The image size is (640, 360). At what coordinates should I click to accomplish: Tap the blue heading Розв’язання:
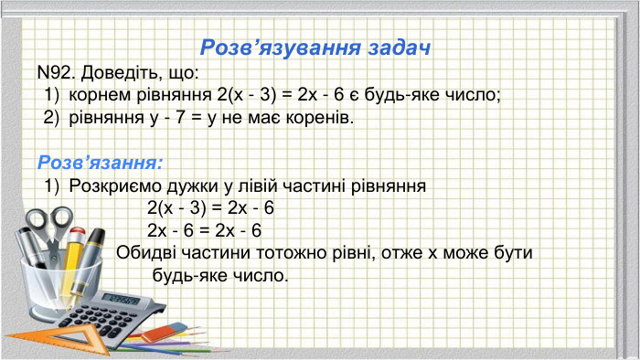coord(100,163)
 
